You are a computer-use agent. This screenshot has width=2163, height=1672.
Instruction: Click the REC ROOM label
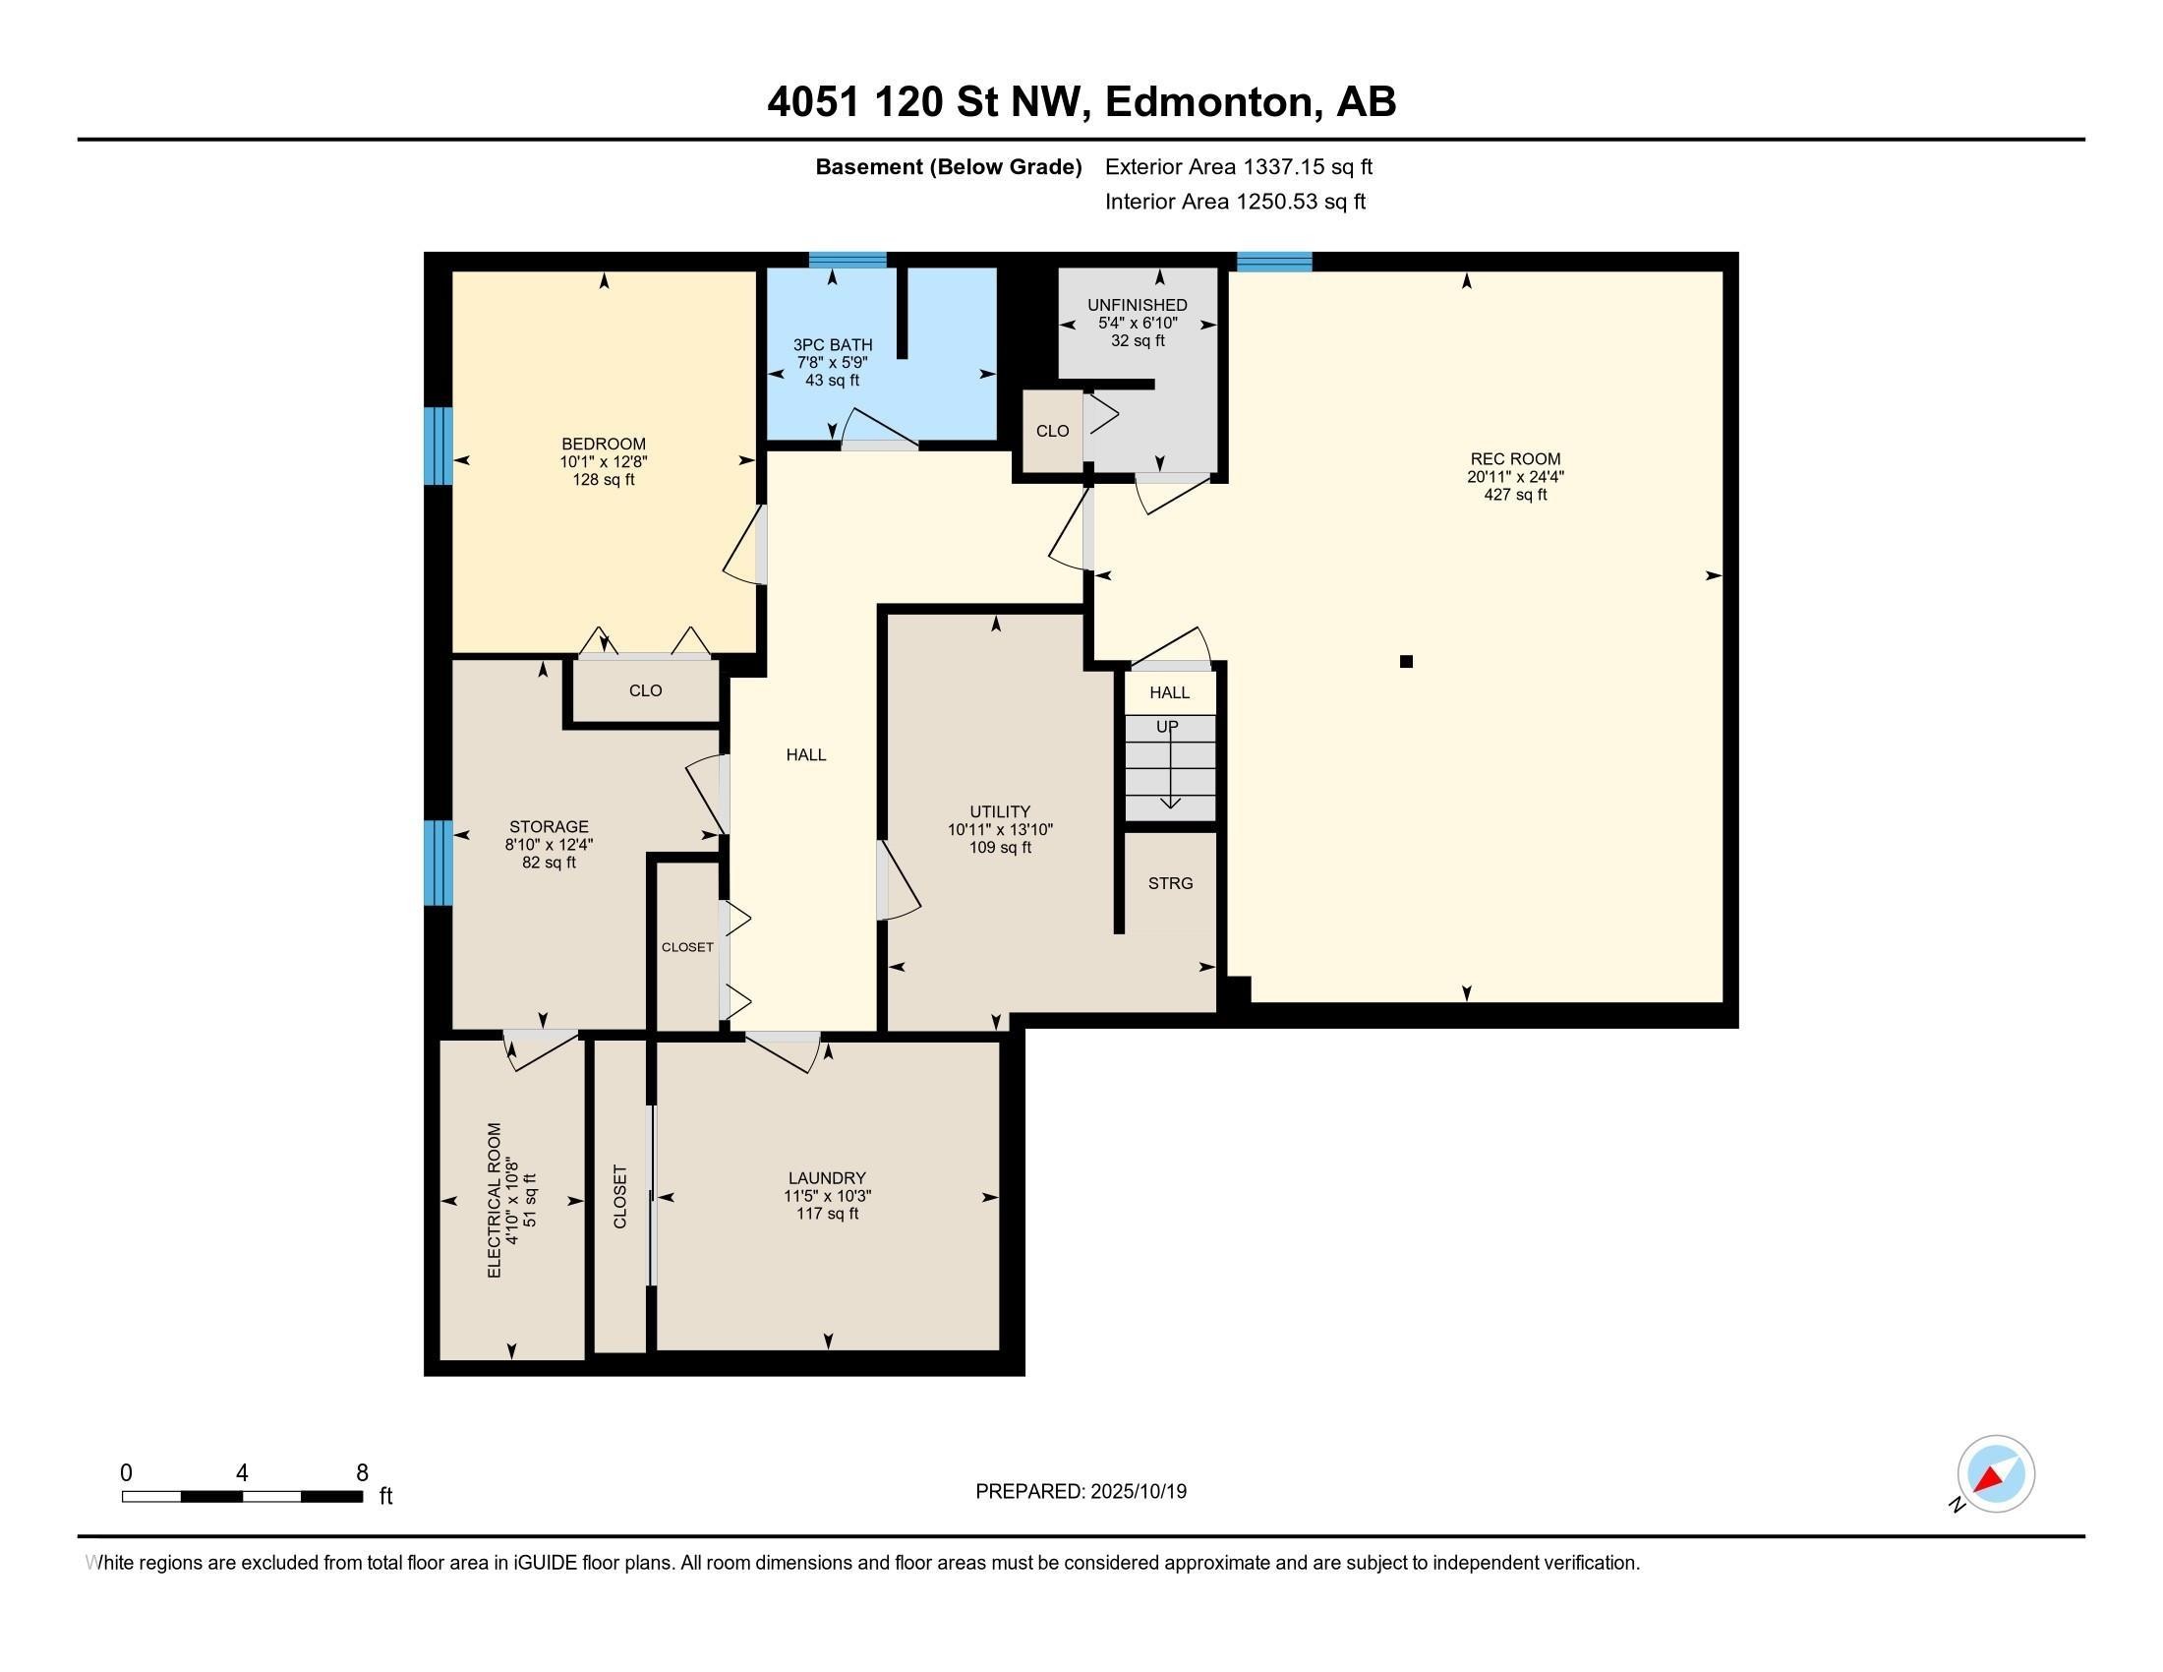[1514, 458]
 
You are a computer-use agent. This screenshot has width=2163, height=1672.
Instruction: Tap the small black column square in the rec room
[1405, 662]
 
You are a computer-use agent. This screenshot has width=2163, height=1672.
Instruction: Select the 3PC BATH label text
[832, 344]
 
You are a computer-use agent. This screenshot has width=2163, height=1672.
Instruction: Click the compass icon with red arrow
[1995, 1474]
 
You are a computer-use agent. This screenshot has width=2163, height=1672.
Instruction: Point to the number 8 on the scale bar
[363, 1473]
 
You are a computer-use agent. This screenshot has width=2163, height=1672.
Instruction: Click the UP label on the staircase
[1168, 727]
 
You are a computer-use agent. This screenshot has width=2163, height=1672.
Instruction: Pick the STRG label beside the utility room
[1170, 883]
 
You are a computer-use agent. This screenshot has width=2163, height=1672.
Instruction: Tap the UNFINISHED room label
[1137, 305]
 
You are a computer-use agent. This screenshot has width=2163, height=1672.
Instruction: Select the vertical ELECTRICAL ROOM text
[496, 1200]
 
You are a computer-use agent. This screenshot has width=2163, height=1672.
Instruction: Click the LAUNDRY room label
[827, 1177]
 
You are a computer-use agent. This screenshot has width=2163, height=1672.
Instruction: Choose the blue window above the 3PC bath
[847, 261]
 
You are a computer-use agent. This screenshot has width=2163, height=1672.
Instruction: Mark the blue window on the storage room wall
[438, 862]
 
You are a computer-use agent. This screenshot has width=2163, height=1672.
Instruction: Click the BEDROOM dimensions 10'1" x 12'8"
[603, 461]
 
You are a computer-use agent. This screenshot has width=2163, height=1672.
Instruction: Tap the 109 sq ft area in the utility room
[1000, 848]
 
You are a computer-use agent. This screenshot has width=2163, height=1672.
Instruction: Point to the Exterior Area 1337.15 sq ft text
[1238, 166]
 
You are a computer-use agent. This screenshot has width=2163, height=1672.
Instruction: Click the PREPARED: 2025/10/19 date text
[1081, 1492]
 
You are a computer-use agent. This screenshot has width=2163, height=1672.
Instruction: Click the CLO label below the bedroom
[645, 690]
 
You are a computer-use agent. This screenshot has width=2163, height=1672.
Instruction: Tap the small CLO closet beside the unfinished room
[1052, 431]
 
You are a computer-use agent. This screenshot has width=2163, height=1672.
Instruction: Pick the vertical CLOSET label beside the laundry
[621, 1197]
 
